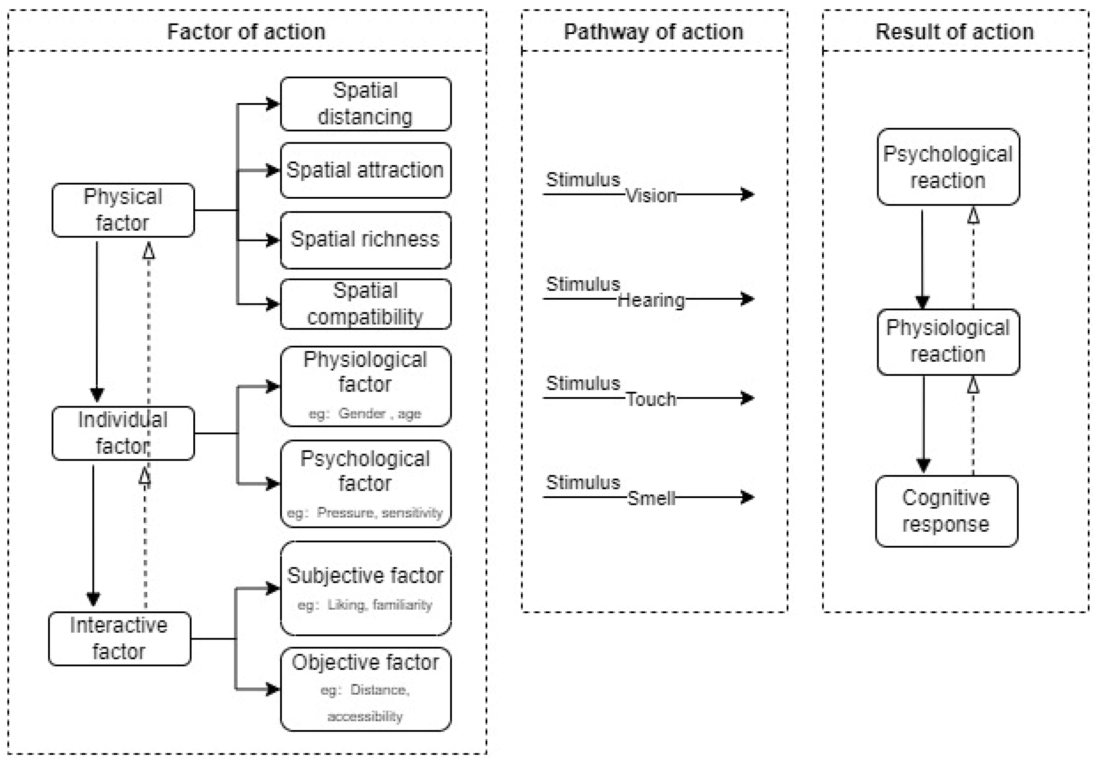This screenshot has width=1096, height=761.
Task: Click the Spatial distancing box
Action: pos(365,104)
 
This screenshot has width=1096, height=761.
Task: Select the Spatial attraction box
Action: pos(365,170)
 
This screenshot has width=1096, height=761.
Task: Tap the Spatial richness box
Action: pos(365,240)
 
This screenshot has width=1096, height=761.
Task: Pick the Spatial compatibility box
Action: pos(365,304)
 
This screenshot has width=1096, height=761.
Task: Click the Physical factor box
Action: pos(123,210)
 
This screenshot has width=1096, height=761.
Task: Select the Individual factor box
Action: pos(123,433)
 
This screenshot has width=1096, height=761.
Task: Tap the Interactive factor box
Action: pos(119,639)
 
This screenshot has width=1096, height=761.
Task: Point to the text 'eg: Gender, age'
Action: pos(365,413)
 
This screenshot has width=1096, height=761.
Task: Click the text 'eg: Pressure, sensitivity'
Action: pos(365,513)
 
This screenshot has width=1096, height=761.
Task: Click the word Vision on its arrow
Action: pos(651,196)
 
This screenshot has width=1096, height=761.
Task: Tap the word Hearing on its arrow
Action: pos(651,300)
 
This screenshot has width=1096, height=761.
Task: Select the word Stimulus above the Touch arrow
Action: pos(583,383)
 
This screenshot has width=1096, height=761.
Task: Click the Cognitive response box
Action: pos(946,511)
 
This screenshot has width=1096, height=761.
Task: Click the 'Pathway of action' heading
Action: pos(654,32)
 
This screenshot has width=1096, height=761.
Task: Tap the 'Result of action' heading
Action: pos(955,32)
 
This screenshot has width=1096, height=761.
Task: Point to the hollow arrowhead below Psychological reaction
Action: pos(973,216)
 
